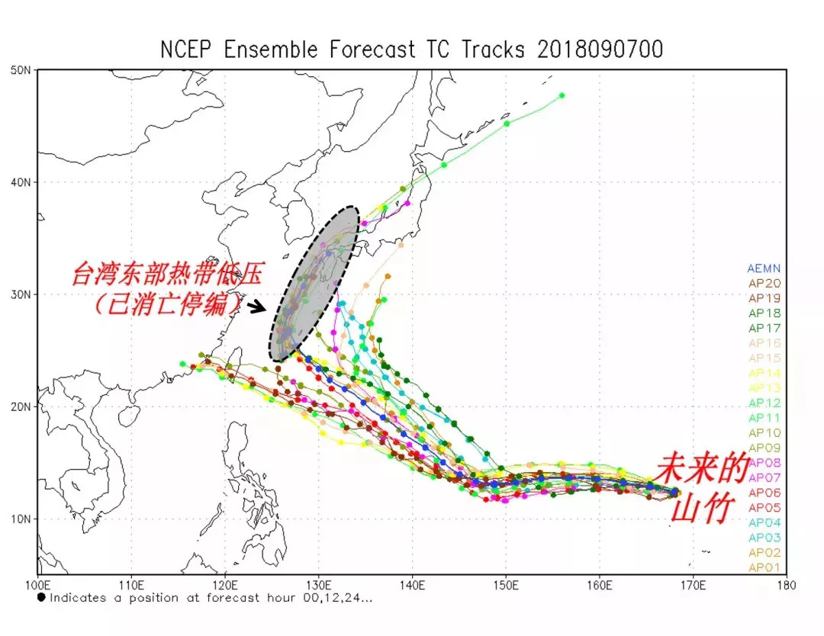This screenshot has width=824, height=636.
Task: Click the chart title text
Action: click(411, 50)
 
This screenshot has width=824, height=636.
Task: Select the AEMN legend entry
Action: click(764, 268)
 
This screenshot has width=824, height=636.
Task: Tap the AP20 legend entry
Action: click(764, 283)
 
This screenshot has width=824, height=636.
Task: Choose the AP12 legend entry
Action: click(764, 403)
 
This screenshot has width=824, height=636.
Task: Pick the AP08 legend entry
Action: click(764, 463)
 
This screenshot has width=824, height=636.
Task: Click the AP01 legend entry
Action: click(764, 567)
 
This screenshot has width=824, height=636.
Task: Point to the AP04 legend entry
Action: click(764, 522)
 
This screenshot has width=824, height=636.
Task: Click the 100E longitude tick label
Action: click(38, 586)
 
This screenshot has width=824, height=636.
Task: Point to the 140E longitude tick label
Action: click(412, 586)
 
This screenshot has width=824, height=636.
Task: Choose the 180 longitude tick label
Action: click(786, 586)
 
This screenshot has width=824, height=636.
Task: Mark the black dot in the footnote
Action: click(41, 598)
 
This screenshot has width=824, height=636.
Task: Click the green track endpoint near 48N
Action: click(562, 95)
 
